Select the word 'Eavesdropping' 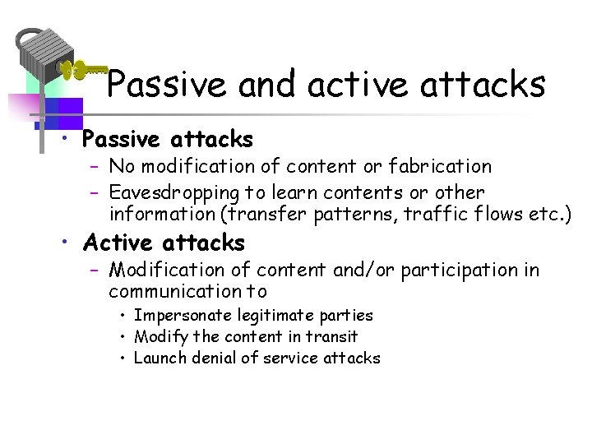173,193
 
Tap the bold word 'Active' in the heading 118,243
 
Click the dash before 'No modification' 95,167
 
